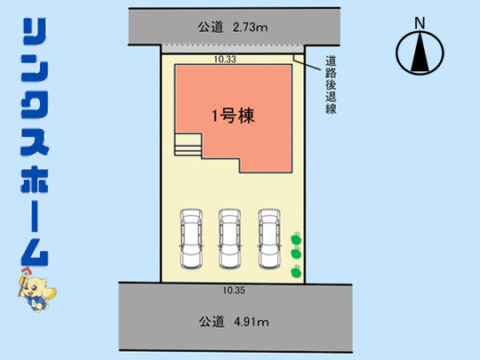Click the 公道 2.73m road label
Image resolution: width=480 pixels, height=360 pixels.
coord(233,28)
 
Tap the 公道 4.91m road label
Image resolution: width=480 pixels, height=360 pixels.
coord(234,322)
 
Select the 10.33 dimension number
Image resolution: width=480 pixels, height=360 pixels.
coord(225,59)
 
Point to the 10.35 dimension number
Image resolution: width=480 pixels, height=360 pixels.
coord(234,290)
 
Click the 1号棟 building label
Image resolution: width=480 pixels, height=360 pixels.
coord(233,116)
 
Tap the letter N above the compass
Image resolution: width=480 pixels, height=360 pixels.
coord(420,23)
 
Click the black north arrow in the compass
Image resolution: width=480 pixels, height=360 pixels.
coord(420,52)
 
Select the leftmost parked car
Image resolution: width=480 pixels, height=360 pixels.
coord(191,239)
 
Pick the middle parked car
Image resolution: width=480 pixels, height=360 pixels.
coord(229,239)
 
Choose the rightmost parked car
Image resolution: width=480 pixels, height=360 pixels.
coord(269,239)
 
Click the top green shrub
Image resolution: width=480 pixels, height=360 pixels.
coord(296,238)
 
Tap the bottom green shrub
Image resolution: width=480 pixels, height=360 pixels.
coord(296,271)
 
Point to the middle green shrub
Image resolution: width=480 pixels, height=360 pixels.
coord(296,253)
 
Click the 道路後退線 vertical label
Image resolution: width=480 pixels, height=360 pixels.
coord(331,84)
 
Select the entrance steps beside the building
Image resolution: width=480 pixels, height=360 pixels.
coord(188,145)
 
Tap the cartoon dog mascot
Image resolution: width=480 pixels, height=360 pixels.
coord(36,290)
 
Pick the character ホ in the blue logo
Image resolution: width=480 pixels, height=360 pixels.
coord(35,180)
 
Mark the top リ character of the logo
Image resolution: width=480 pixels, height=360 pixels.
coord(35,31)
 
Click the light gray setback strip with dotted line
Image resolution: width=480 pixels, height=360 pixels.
coord(233,49)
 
